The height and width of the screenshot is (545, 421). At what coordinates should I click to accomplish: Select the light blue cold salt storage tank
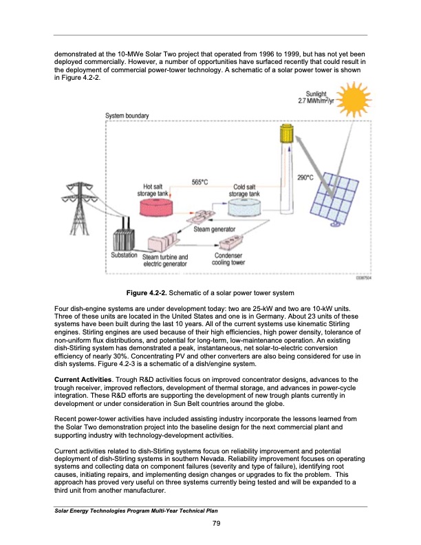[245, 205]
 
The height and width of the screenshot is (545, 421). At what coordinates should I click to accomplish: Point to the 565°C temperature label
[200, 181]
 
